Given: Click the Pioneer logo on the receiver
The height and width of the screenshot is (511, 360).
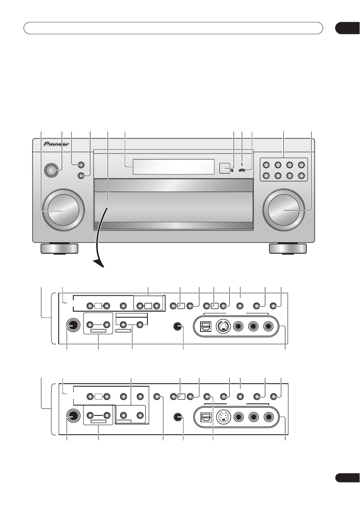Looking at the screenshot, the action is click(x=56, y=144).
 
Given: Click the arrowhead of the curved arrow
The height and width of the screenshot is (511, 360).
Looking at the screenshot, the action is click(x=99, y=263).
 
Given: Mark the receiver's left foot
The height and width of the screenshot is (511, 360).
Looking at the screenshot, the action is click(x=59, y=249).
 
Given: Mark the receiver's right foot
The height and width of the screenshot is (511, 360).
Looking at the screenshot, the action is click(x=288, y=249).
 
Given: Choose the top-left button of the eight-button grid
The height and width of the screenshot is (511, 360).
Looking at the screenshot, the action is click(x=267, y=165).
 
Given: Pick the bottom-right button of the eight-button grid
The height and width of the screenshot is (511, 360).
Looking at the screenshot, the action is click(x=301, y=176).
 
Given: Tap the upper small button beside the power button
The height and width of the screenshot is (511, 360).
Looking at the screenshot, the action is click(x=81, y=165).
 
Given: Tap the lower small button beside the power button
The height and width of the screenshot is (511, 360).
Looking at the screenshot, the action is click(x=81, y=176).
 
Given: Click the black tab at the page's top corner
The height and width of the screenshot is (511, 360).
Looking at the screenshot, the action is click(x=347, y=28).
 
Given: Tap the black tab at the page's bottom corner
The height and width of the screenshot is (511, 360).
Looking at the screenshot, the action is click(x=347, y=478).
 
